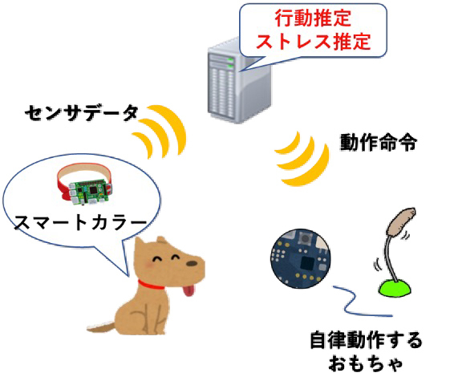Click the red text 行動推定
pyautogui.click(x=313, y=18)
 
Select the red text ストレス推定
pyautogui.click(x=313, y=42)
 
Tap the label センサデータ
pyautogui.click(x=82, y=113)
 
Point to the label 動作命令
pyautogui.click(x=379, y=142)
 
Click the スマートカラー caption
pyautogui.click(x=80, y=223)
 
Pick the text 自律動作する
pyautogui.click(x=367, y=340)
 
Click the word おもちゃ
pyautogui.click(x=365, y=363)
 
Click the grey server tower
pyautogui.click(x=239, y=83)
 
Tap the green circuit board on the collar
pyautogui.click(x=88, y=192)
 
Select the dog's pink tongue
pyautogui.click(x=189, y=290)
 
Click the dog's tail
pyautogui.click(x=102, y=327)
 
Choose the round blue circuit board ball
pyautogui.click(x=300, y=258)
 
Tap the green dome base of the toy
pyautogui.click(x=395, y=288)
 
